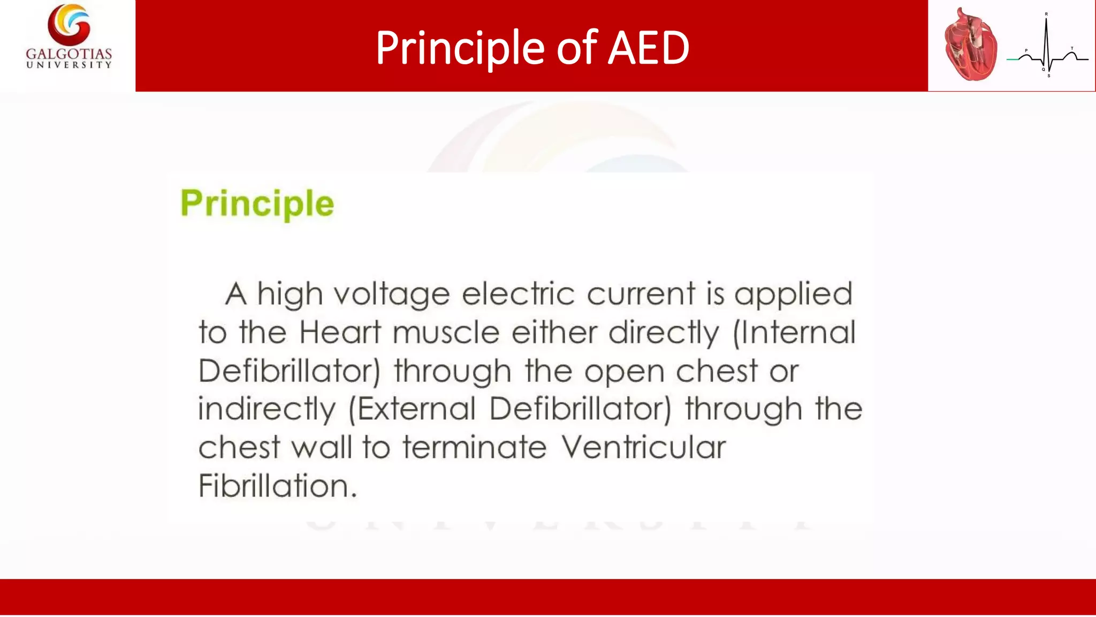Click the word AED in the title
(x=649, y=48)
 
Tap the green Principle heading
(x=257, y=204)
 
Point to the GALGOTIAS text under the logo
(x=69, y=54)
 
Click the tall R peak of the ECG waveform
(x=1046, y=32)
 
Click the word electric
(x=518, y=294)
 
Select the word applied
(x=793, y=295)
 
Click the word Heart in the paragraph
(x=340, y=332)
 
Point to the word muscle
(x=446, y=332)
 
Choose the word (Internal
(x=794, y=333)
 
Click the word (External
(x=412, y=409)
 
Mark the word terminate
(x=475, y=447)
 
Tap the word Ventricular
(x=643, y=447)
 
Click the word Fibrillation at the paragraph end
(x=277, y=486)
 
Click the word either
(x=554, y=332)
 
